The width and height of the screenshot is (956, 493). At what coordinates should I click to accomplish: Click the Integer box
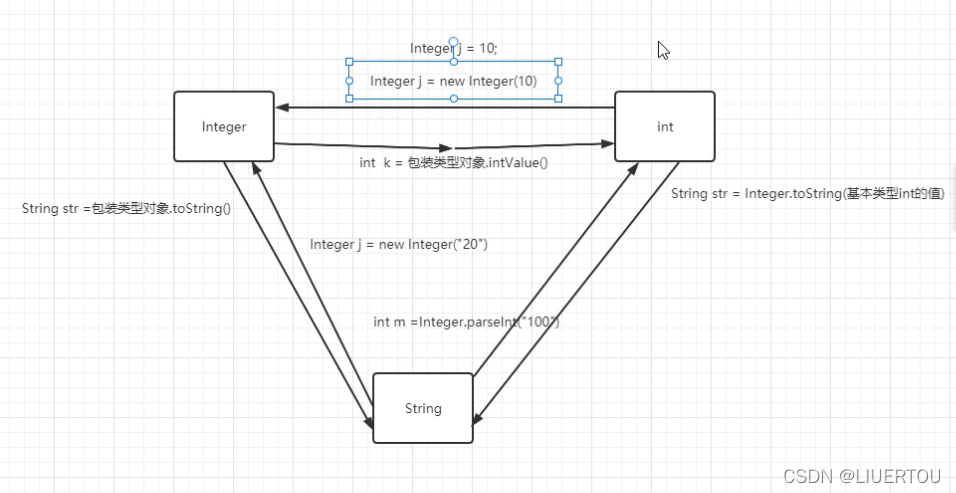coord(223,126)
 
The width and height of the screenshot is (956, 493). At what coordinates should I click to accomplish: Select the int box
coord(664,126)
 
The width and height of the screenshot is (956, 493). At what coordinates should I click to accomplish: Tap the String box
coord(422,408)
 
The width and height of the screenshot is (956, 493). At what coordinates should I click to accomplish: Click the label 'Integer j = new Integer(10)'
coord(453,81)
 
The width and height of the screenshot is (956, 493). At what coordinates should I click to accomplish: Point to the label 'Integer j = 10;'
coord(453,48)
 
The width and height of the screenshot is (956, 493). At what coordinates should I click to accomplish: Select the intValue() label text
coord(454,162)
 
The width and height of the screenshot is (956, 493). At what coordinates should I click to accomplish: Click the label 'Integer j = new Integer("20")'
coord(398,244)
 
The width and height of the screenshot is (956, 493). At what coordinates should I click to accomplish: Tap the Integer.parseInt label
coord(465,321)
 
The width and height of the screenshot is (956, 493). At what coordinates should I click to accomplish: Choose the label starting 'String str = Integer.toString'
coord(807,193)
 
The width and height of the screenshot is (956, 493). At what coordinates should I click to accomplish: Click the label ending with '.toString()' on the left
coord(126,209)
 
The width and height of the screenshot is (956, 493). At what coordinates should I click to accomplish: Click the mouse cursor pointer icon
coord(663,50)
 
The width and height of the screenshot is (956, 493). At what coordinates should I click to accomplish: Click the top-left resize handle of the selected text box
coord(349,61)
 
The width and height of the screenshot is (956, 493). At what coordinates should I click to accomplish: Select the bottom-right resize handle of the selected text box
coord(558,99)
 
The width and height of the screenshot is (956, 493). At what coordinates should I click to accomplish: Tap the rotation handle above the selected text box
coord(453,43)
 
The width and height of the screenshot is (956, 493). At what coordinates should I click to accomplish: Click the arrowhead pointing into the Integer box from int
coord(282,107)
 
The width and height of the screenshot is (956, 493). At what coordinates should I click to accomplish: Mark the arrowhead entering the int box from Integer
coord(608,145)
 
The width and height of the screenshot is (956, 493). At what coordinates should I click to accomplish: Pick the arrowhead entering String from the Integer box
coord(368,424)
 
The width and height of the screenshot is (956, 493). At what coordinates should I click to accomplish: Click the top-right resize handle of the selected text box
coord(558,61)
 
